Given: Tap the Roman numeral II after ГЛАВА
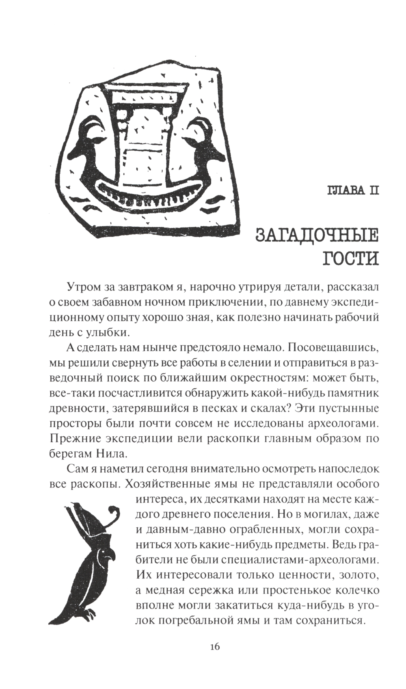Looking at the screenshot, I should pos(372,190).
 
